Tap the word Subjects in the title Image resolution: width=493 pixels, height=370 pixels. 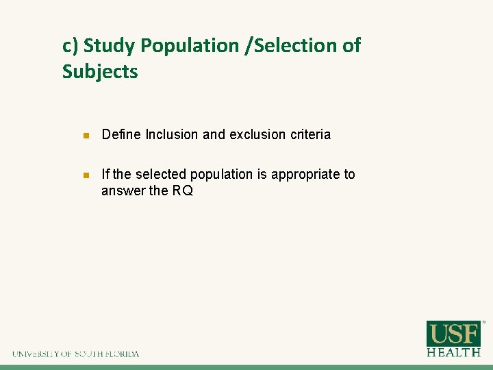pyautogui.click(x=100, y=71)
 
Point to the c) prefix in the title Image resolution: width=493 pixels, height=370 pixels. pyautogui.click(x=71, y=46)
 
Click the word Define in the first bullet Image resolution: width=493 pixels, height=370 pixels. pyautogui.click(x=121, y=135)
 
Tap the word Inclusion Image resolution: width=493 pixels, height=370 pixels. pyautogui.click(x=173, y=135)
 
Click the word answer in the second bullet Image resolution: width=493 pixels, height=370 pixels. pyautogui.click(x=124, y=191)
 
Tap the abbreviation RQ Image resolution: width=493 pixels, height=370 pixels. pyautogui.click(x=182, y=191)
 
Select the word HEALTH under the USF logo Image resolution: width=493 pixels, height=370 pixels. pyautogui.click(x=453, y=352)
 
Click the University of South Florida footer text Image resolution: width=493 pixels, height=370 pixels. pyautogui.click(x=75, y=354)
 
